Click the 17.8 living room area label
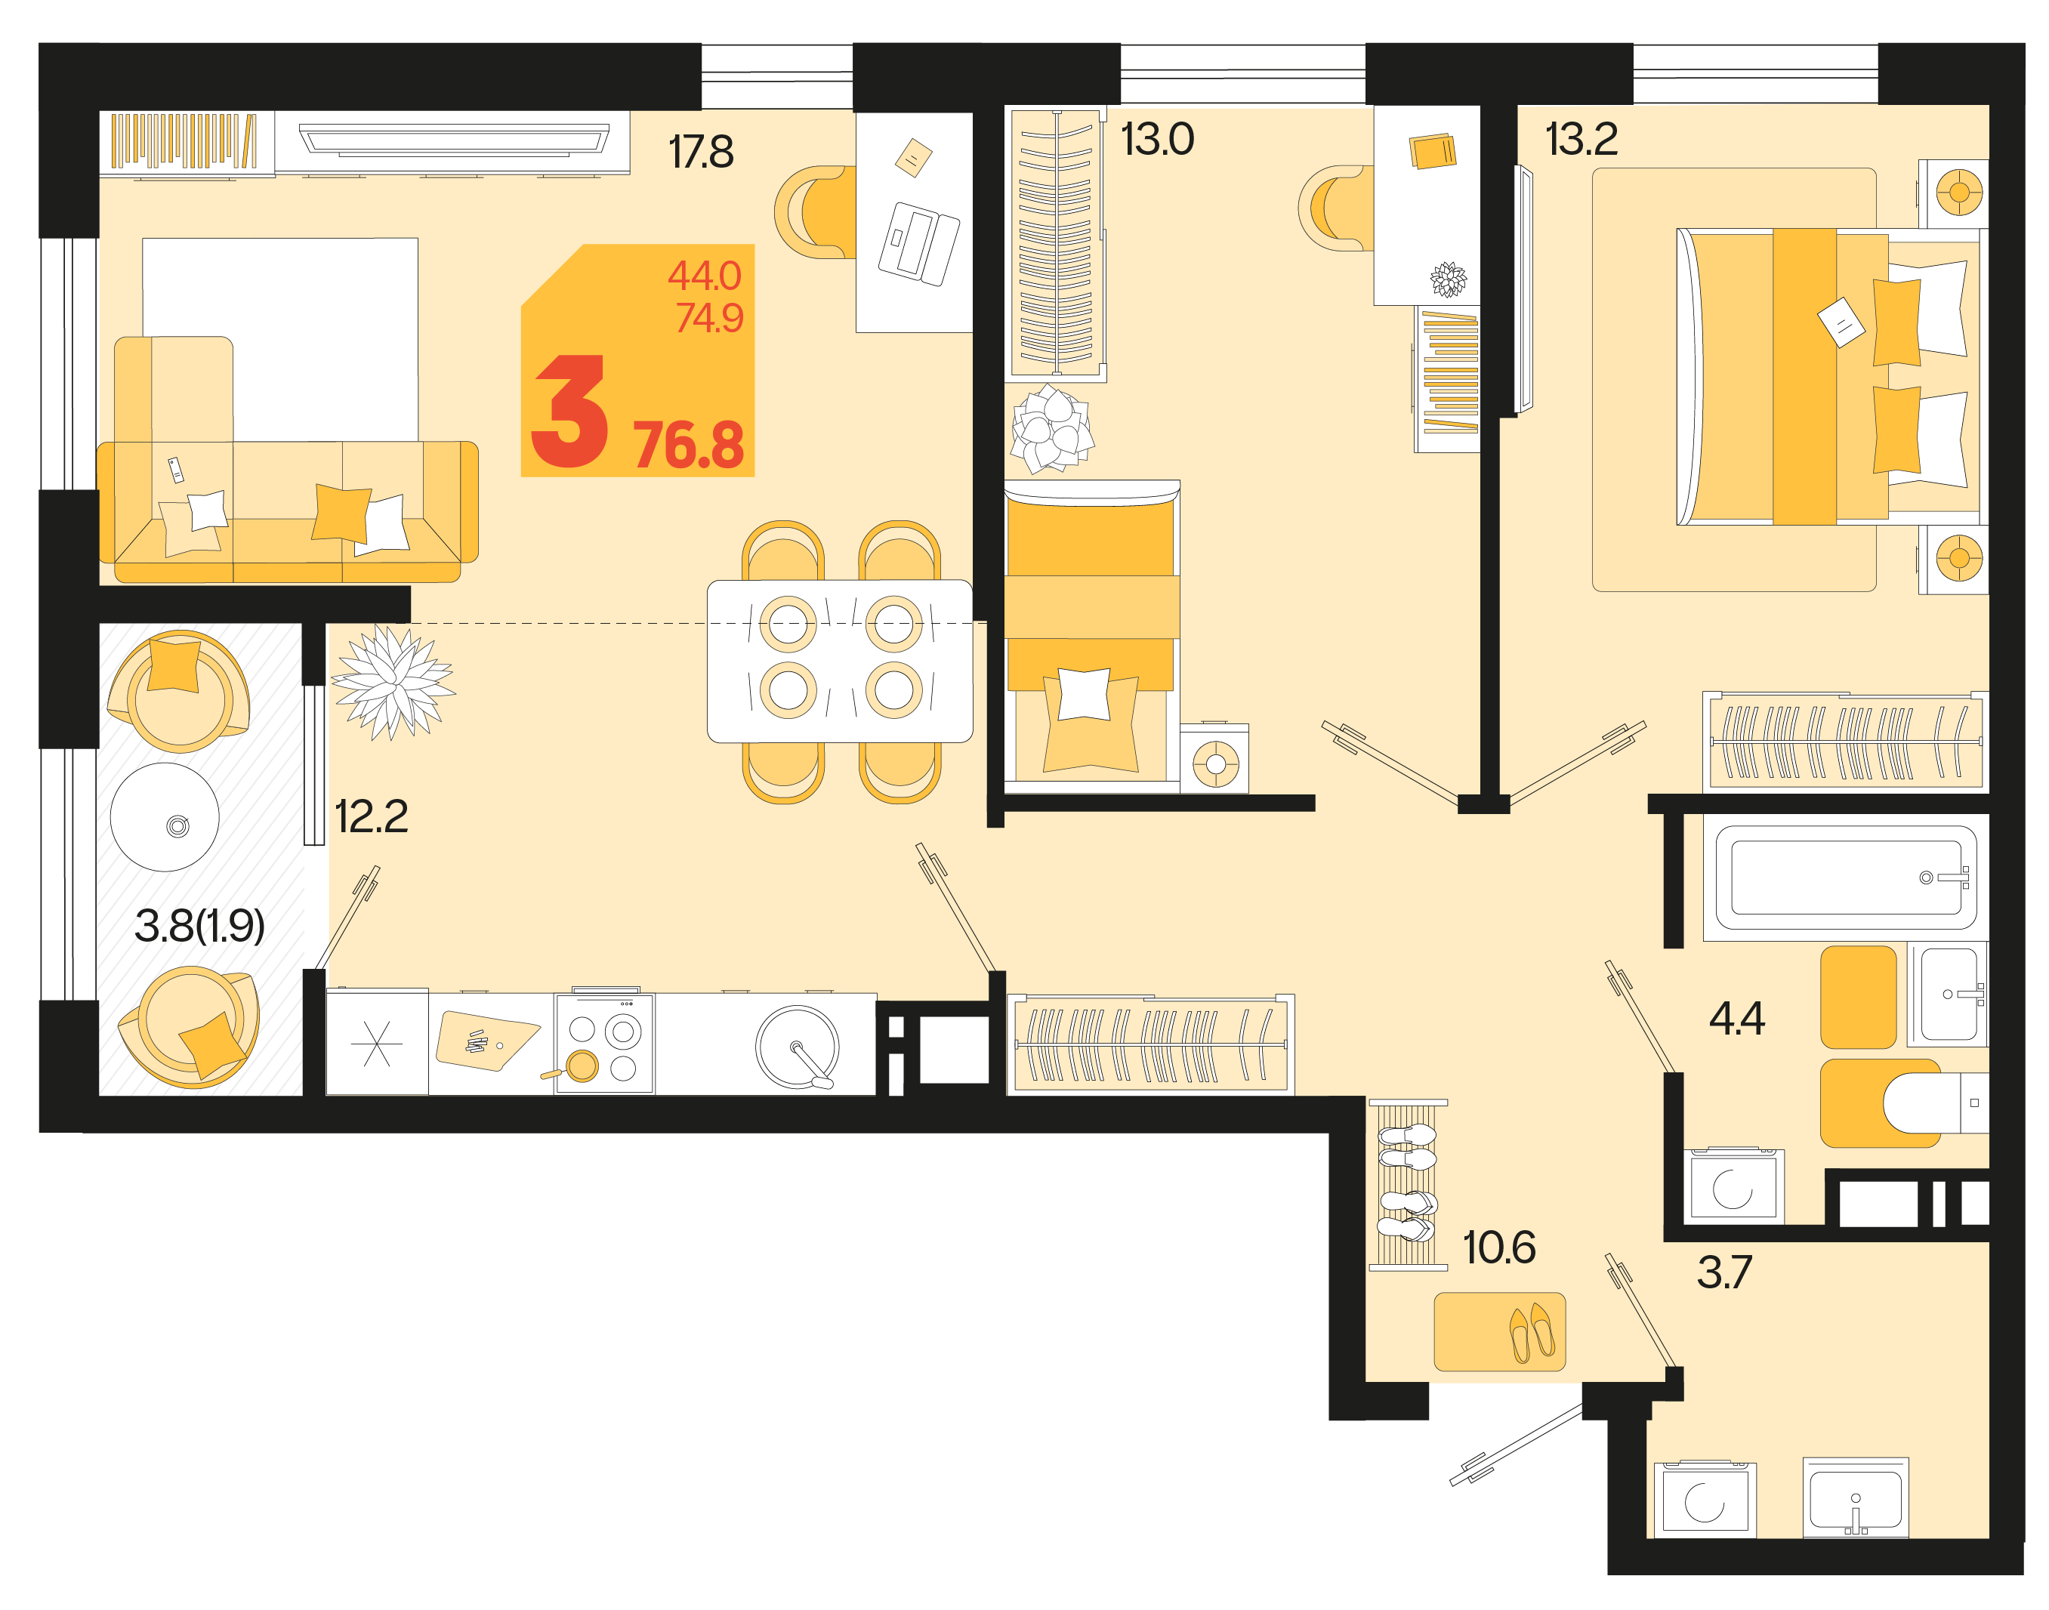pos(700,152)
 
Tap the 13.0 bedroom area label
pos(1156,140)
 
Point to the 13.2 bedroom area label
pos(1581,140)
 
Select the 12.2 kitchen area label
pos(372,816)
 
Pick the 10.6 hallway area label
pos(1498,1247)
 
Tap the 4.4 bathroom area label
pos(1736,1018)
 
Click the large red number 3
pos(569,411)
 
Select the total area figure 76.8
pos(688,445)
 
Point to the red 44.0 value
pos(704,275)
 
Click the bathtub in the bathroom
pos(1844,877)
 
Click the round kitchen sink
pos(797,1047)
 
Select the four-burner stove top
pos(603,1044)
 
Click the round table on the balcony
pos(164,817)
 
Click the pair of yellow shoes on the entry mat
pos(1531,1331)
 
